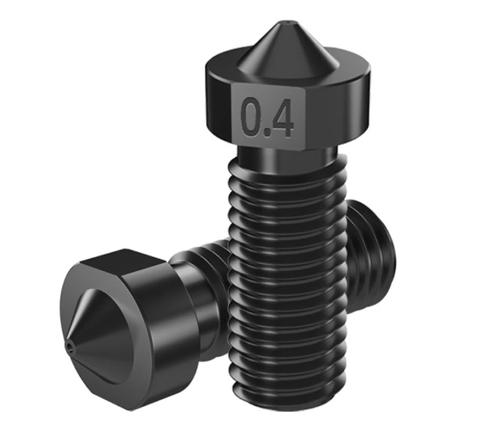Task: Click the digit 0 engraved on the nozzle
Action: coord(253,117)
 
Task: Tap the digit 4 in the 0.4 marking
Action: coord(281,118)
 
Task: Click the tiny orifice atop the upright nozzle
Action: coord(287,22)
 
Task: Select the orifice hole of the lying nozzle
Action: coord(69,345)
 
